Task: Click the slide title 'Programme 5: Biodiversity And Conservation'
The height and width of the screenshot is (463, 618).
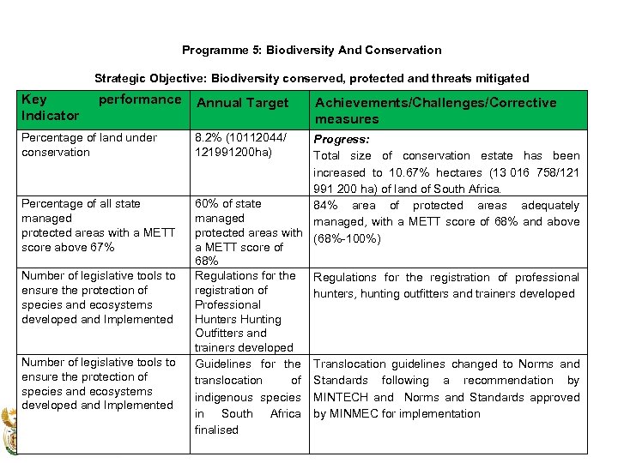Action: click(x=312, y=50)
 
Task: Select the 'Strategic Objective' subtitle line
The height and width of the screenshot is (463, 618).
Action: click(x=312, y=78)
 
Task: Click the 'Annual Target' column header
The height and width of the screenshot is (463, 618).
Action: click(x=243, y=103)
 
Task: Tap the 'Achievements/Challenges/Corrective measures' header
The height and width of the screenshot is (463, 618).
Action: click(x=435, y=111)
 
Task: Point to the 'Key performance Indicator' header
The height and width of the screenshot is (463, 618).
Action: click(x=101, y=107)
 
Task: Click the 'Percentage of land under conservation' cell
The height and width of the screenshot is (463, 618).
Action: click(x=89, y=145)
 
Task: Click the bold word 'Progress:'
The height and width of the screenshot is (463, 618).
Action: click(x=342, y=139)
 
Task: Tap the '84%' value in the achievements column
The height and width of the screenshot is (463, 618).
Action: click(x=326, y=206)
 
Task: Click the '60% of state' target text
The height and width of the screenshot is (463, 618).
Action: click(x=228, y=203)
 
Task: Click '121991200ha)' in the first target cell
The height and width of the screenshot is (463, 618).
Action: click(x=232, y=152)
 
